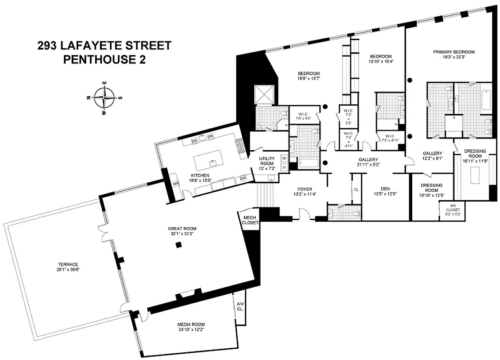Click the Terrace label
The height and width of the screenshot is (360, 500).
(64, 264)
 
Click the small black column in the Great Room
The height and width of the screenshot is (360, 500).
(179, 244)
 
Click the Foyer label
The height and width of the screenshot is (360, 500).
(304, 189)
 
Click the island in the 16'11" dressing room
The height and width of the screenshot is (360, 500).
(475, 174)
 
